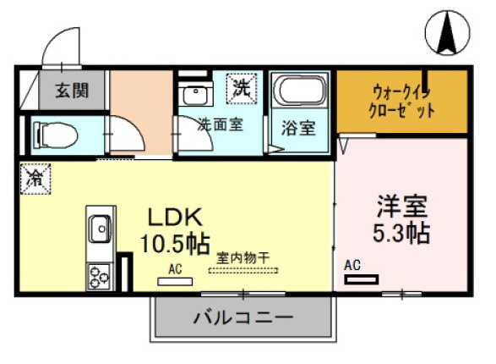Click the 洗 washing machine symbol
[243, 86]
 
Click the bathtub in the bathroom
[299, 91]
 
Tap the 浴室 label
[299, 129]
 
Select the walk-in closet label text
[402, 100]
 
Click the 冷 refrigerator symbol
[36, 178]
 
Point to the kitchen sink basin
[100, 228]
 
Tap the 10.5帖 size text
[174, 244]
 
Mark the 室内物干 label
[243, 256]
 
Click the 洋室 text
[402, 207]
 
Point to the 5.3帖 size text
[402, 234]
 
